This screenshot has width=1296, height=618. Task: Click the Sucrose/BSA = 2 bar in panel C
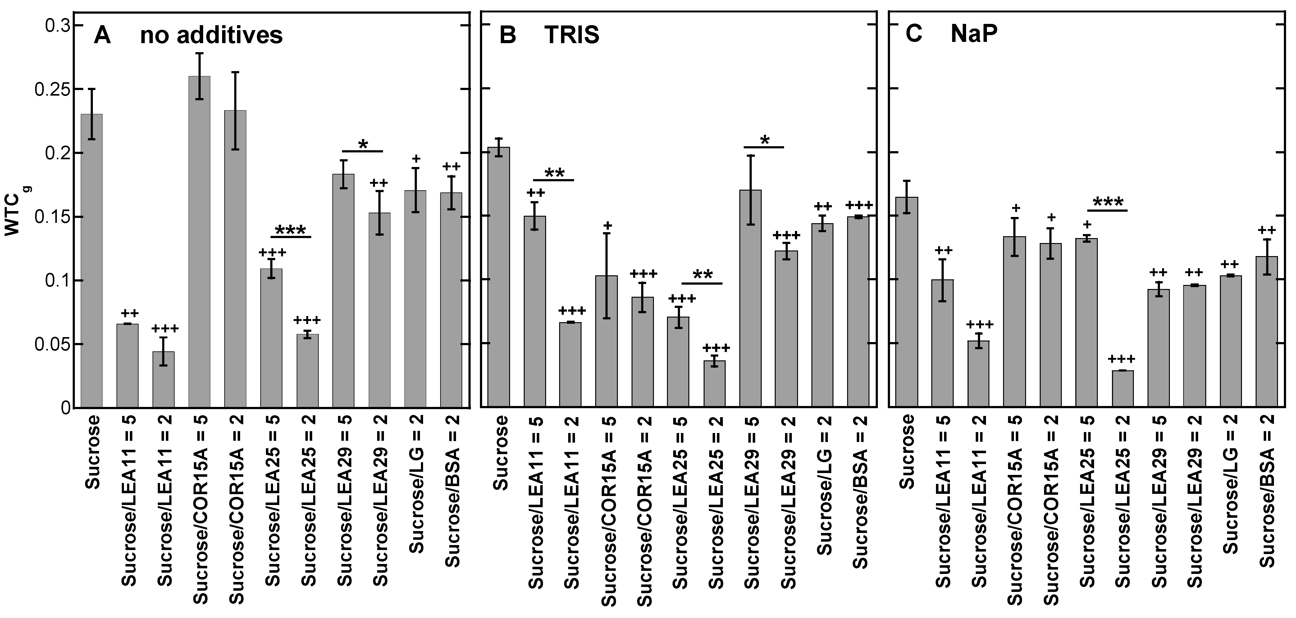coord(1266,332)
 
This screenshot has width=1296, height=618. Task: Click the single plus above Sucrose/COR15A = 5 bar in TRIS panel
coord(607,225)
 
